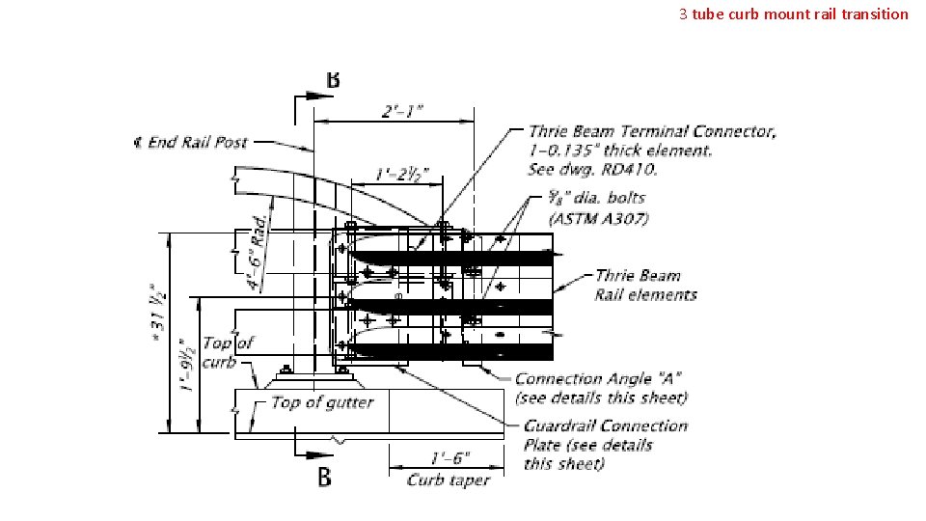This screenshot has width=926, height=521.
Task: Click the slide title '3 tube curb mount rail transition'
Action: pyautogui.click(x=793, y=14)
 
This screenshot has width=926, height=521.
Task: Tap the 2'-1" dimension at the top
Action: pyautogui.click(x=401, y=111)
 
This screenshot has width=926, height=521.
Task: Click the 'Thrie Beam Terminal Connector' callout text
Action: pyautogui.click(x=652, y=131)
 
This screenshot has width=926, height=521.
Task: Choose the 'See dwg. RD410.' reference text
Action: pyautogui.click(x=593, y=169)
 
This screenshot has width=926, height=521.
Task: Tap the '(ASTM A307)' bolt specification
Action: pyautogui.click(x=598, y=218)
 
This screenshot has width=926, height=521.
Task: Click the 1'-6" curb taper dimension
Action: pyautogui.click(x=450, y=458)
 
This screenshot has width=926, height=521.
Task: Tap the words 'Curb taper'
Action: pyautogui.click(x=449, y=480)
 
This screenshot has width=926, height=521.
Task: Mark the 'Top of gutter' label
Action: pyautogui.click(x=321, y=401)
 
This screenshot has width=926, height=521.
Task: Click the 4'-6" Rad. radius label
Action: pyautogui.click(x=259, y=253)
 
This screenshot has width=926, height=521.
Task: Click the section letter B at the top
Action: pyautogui.click(x=333, y=80)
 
